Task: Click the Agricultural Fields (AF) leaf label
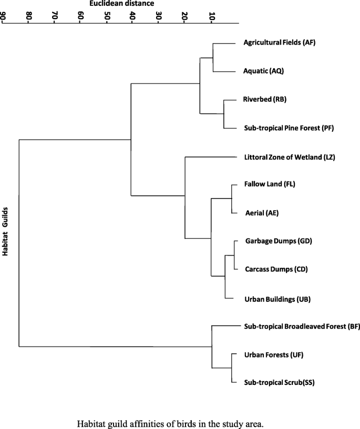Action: click(x=279, y=43)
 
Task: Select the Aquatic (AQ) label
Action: click(x=263, y=71)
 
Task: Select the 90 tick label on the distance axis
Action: click(x=4, y=17)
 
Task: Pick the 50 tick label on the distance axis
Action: click(x=107, y=17)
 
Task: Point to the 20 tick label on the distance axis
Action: click(x=185, y=17)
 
